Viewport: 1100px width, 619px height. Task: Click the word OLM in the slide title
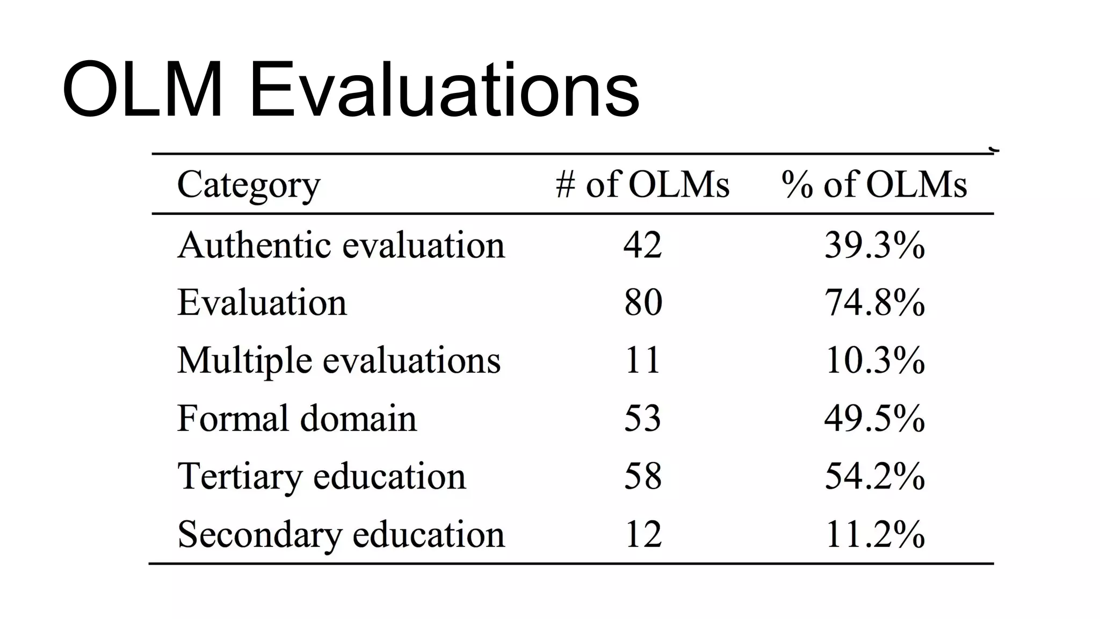tap(142, 90)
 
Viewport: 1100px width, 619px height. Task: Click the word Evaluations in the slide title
tap(444, 90)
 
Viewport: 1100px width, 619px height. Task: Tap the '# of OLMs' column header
tap(642, 184)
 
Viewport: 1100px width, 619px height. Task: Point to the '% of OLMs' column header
tap(874, 184)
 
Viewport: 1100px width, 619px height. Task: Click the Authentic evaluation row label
tap(341, 246)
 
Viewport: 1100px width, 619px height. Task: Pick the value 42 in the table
tap(642, 246)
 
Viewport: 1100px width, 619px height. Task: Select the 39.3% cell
tap(874, 246)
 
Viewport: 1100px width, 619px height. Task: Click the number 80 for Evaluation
tap(643, 303)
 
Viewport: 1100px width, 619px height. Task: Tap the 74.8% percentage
tap(874, 303)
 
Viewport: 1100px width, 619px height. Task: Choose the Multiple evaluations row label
tap(339, 361)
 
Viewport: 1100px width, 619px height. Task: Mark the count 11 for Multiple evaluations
tap(642, 361)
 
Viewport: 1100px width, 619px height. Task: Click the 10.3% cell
tap(874, 361)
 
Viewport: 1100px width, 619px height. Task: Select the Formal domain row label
tap(296, 419)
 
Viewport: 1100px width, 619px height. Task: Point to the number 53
tap(642, 419)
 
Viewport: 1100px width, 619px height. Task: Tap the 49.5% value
tap(874, 419)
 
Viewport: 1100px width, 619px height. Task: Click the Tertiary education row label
tap(321, 477)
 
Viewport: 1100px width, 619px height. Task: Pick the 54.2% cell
tap(874, 477)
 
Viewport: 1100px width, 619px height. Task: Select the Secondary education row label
tap(341, 535)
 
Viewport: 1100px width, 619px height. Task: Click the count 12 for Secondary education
tap(642, 535)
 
